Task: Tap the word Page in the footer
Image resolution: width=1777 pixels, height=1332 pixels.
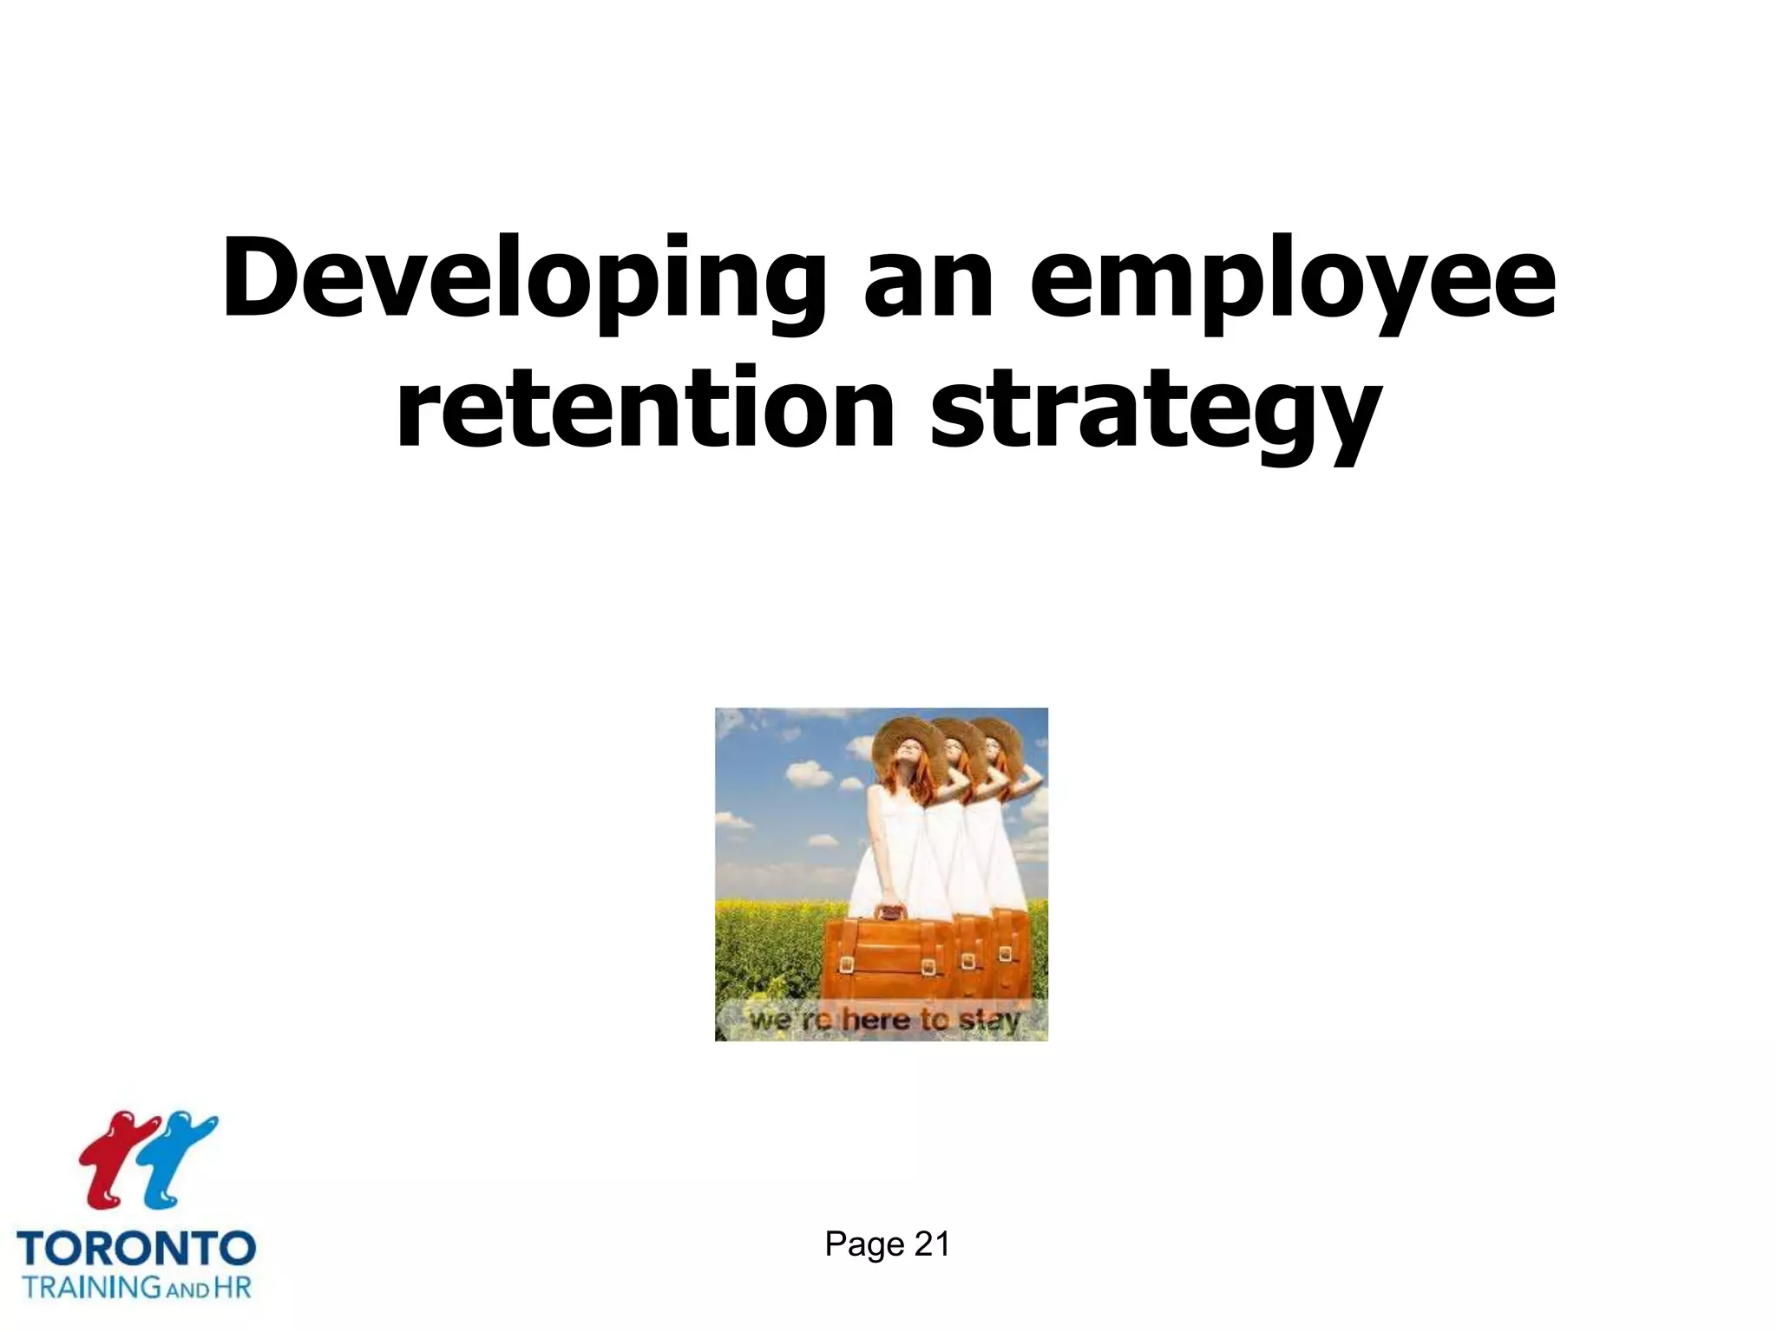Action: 863,1245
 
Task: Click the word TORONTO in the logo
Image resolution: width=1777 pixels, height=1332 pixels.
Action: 136,1249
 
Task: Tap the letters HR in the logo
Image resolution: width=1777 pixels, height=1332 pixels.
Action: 232,1286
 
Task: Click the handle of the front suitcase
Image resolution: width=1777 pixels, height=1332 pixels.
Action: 888,912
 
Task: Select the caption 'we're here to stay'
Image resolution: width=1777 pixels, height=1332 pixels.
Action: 883,1020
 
